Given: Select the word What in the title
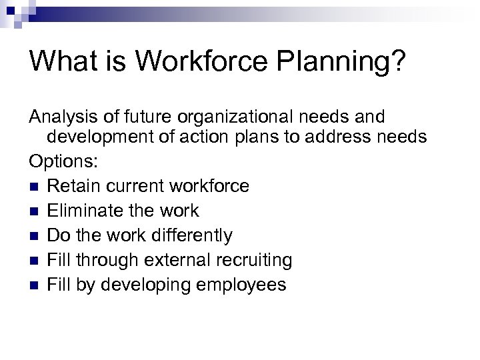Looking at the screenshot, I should [x=61, y=61].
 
